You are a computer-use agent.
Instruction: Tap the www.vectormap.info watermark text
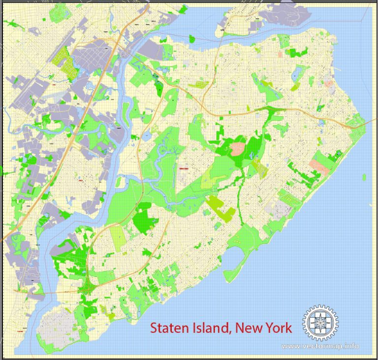[x=320, y=346]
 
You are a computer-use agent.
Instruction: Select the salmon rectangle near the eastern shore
[x=319, y=166]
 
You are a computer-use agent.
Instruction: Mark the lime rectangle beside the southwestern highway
[x=118, y=237]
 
